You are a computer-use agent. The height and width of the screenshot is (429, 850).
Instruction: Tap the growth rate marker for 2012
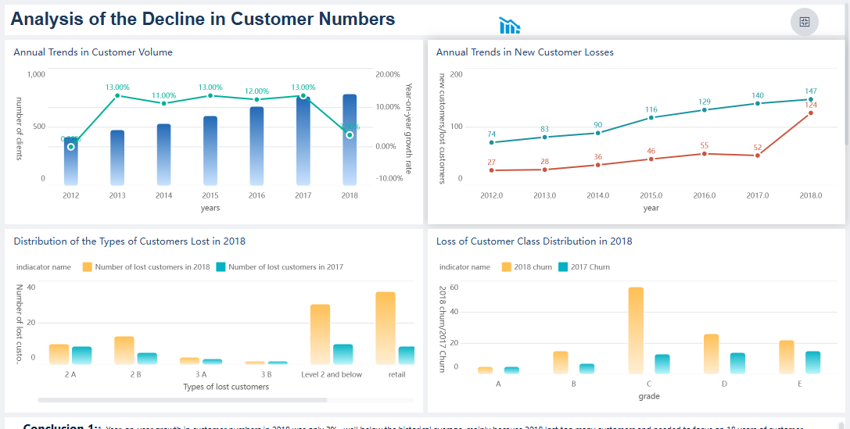tap(71, 146)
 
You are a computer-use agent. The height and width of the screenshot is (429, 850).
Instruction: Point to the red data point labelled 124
tap(811, 113)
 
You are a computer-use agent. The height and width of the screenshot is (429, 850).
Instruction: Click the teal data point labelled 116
tap(651, 118)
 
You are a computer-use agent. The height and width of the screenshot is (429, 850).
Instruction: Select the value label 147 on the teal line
tap(811, 91)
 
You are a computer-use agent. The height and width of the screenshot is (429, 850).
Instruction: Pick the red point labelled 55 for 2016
tap(705, 154)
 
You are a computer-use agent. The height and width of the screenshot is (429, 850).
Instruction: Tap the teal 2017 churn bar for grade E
tap(812, 363)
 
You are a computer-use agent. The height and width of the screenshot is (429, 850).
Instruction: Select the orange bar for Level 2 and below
tap(320, 334)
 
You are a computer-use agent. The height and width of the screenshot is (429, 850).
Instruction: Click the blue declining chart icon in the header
tap(510, 27)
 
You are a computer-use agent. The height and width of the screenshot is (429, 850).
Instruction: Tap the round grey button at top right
tap(804, 22)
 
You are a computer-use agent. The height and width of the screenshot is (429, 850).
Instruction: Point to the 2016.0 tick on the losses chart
tap(705, 195)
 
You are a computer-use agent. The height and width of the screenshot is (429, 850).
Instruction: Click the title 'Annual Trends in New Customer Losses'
tap(525, 52)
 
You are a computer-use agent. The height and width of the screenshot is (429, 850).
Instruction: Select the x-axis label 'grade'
tap(649, 396)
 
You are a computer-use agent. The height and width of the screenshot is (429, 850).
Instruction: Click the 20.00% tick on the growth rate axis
tap(388, 74)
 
